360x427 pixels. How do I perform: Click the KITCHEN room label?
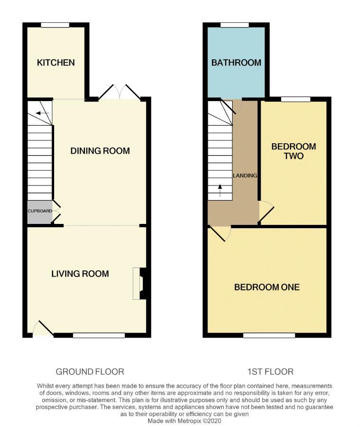(x=56, y=63)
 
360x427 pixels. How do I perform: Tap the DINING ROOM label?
(x=100, y=151)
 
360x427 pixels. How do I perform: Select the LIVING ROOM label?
(x=80, y=274)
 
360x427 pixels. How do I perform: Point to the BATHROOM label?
(x=236, y=63)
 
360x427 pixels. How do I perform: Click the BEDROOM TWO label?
(x=294, y=151)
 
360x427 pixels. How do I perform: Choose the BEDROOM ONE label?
(x=267, y=287)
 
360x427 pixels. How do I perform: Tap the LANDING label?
(x=245, y=176)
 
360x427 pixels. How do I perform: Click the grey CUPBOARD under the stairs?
(x=39, y=211)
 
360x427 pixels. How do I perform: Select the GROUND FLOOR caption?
(x=90, y=371)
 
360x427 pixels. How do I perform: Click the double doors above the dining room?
(x=120, y=93)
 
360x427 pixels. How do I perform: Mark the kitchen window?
(x=55, y=25)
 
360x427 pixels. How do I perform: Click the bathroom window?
(x=235, y=25)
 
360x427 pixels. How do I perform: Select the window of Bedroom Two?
(x=295, y=99)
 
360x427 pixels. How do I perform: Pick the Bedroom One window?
(x=269, y=335)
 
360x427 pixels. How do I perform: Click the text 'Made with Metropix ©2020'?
(x=184, y=420)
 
